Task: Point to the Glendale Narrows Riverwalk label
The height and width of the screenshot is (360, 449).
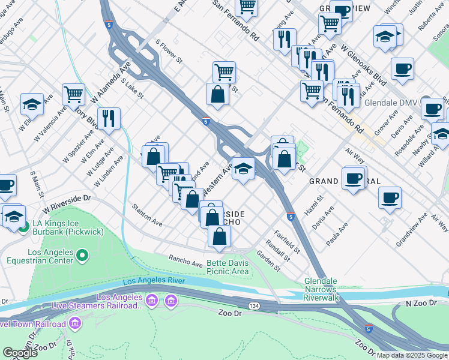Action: coord(321,289)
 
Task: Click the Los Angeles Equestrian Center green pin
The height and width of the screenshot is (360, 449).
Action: coord(82,257)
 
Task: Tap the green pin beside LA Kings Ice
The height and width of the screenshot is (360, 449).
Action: coord(23,227)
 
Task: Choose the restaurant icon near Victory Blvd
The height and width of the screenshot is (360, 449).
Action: coord(109,118)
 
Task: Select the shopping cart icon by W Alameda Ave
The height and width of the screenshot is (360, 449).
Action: coord(73,93)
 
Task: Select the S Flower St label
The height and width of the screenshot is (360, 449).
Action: coord(169,52)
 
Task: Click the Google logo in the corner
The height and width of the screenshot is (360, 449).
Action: coord(20,353)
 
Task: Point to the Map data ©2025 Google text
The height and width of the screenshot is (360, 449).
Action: coord(412,355)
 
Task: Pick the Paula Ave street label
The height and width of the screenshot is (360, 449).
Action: coord(336,233)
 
